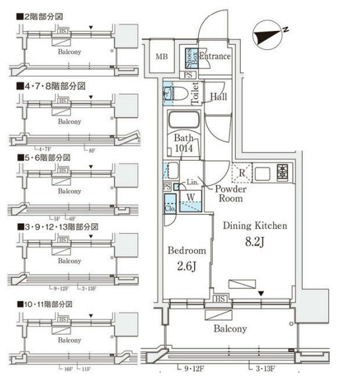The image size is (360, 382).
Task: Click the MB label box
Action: tap(161, 57)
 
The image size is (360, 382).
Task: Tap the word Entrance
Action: tap(215, 57)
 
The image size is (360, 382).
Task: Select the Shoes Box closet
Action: tap(188, 57)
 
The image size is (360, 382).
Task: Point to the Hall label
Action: tap(219, 97)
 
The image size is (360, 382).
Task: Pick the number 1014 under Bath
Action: tap(184, 150)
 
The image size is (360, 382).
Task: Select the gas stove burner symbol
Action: tap(283, 173)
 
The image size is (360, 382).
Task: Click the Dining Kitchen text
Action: tap(255, 226)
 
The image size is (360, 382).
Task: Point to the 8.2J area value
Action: tap(255, 242)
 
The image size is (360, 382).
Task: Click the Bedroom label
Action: tap(187, 252)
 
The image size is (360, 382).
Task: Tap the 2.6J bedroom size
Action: tap(187, 267)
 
